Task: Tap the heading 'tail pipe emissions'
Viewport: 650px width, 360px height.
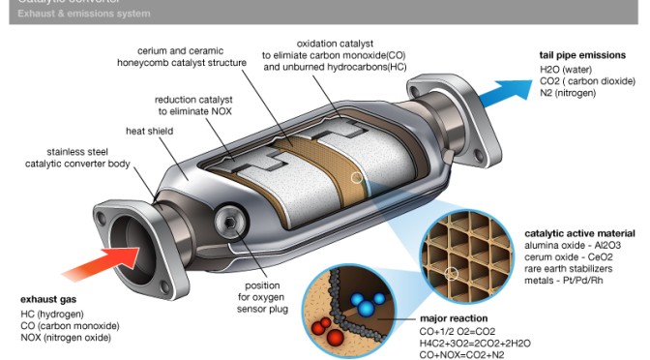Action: [588, 56]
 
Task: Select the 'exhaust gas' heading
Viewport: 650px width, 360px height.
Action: [48, 301]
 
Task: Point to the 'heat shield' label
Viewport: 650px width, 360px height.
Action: [148, 130]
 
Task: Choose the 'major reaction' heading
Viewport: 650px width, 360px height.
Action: [454, 317]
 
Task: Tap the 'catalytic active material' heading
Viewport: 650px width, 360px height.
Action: [579, 233]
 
